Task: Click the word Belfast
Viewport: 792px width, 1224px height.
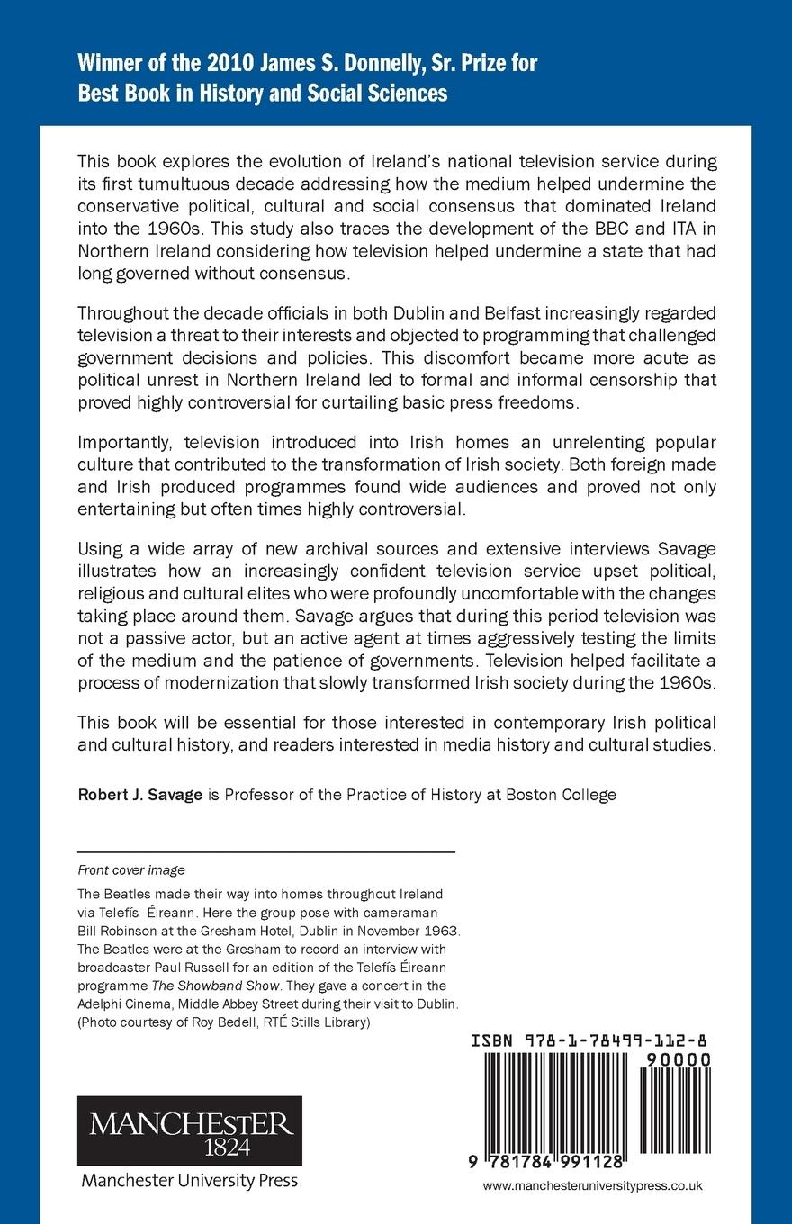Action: coord(444,312)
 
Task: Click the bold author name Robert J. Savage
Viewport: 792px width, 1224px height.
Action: coord(139,795)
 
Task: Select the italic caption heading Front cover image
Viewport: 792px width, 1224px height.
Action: coord(131,869)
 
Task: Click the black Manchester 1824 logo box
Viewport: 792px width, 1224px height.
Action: coord(189,1130)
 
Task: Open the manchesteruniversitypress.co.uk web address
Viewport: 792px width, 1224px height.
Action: coord(592,1186)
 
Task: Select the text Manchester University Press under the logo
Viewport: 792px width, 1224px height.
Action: coord(189,1180)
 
